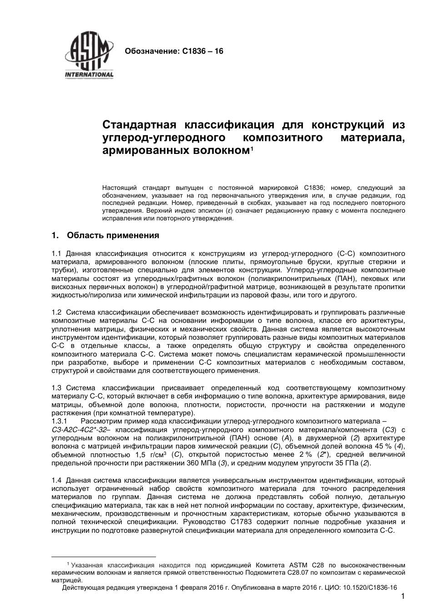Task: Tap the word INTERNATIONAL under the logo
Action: tap(89, 75)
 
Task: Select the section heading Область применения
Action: tap(113, 235)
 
